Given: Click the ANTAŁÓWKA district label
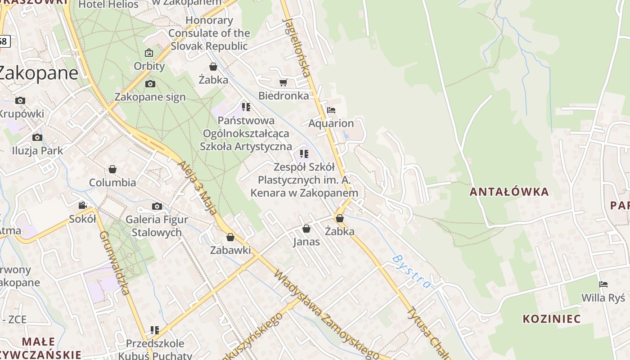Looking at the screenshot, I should point(509,192).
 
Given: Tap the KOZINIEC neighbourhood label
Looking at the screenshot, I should point(552,319).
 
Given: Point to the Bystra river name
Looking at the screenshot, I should point(411,271).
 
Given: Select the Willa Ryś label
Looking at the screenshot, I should point(603,298).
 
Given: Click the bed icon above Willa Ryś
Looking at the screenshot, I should point(603,284).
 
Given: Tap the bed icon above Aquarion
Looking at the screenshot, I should point(331,110).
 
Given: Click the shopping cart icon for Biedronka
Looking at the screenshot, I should point(283,82).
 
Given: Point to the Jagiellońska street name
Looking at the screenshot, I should point(297,47).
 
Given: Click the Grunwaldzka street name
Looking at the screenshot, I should point(114,263).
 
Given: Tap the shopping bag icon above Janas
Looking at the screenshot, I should point(306,229).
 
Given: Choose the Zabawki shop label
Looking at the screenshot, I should point(230,250).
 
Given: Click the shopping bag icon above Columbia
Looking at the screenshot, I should point(112,169).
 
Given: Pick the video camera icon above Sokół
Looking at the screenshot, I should point(82,206).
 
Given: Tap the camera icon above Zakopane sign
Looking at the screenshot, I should point(150,84).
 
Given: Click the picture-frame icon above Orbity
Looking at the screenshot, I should point(149,53).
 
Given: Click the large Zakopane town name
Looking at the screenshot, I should point(38,73).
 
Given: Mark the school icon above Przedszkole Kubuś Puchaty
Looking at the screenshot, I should point(155,330).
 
